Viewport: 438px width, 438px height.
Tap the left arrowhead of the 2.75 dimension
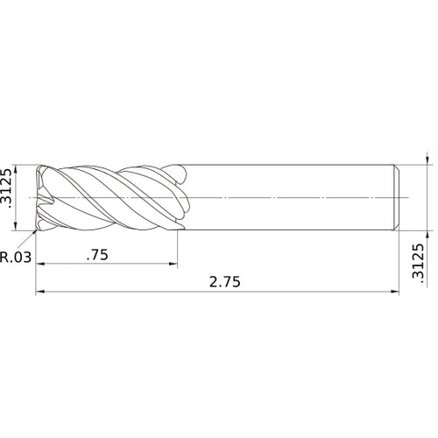[x=40, y=293]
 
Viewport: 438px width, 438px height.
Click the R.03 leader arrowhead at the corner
[x=36, y=232]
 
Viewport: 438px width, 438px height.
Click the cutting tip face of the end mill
[x=42, y=197]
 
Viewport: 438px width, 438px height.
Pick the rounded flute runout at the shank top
[x=180, y=172]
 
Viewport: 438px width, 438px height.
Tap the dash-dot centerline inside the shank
[x=289, y=197]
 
